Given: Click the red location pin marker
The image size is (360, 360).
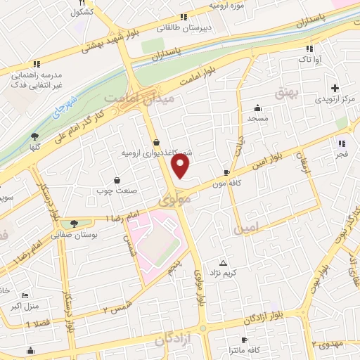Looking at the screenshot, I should click(181, 166).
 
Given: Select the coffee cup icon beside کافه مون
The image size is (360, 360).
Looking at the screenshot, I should click(226, 172).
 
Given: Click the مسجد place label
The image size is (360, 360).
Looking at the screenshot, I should click(257, 118).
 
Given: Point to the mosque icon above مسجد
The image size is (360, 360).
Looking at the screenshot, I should click(258, 108).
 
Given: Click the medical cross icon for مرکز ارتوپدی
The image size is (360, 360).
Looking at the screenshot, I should click(335, 89).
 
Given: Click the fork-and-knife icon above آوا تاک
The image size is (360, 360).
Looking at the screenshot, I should click(309, 49).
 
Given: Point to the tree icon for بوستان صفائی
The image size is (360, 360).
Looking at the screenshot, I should click(75, 224).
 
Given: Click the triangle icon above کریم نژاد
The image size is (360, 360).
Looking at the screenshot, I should click(224, 262).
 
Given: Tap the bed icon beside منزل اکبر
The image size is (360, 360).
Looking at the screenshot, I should click(25, 296).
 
